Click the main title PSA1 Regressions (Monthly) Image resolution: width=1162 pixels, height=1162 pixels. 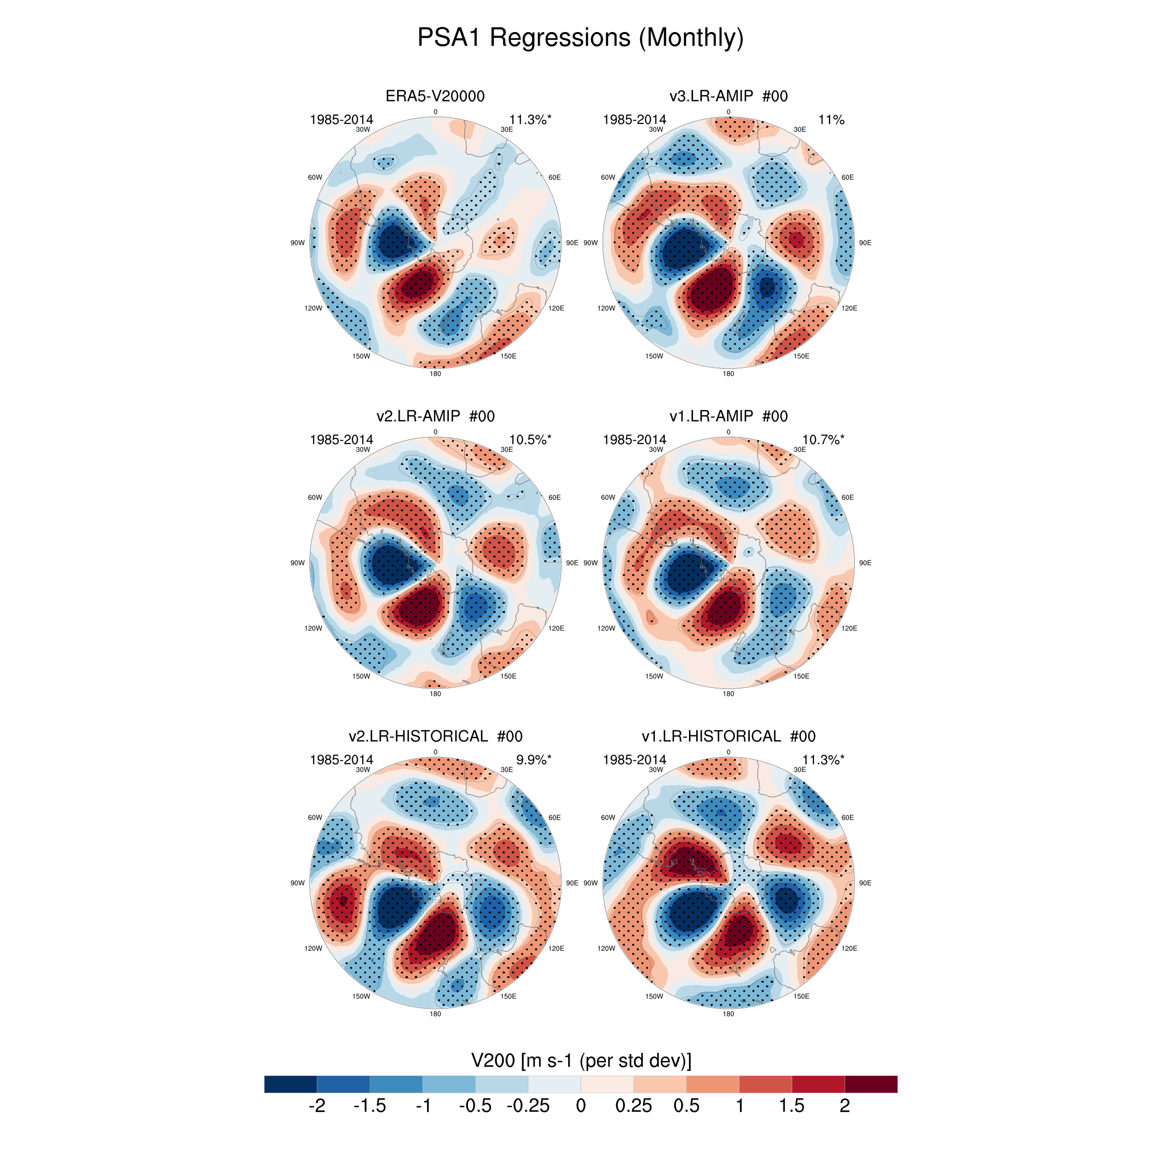pos(580,38)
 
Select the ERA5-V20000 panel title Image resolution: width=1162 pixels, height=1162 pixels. pos(435,96)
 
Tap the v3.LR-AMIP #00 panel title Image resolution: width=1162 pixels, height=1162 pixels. pos(728,96)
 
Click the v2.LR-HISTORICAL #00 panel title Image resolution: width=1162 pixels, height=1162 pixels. pos(435,736)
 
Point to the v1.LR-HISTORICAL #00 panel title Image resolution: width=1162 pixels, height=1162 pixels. pos(728,736)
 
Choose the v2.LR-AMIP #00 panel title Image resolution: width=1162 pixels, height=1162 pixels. pos(435,416)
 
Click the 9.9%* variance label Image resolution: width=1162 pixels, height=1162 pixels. pos(533,760)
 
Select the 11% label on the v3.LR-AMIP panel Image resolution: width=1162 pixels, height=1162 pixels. pos(831,120)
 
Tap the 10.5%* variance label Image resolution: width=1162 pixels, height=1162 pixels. pos(530,439)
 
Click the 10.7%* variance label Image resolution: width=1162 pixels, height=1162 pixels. pos(823,439)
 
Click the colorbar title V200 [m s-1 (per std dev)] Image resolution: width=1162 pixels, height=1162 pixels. pos(581,1060)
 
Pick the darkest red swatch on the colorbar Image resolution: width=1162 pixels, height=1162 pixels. pos(871,1084)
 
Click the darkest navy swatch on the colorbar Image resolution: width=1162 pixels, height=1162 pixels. pos(290,1084)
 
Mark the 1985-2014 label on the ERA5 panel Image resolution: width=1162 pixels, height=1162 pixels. pos(341,120)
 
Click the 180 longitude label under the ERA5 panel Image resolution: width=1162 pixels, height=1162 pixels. pos(435,373)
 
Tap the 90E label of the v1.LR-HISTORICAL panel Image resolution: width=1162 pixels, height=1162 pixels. pos(865,883)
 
